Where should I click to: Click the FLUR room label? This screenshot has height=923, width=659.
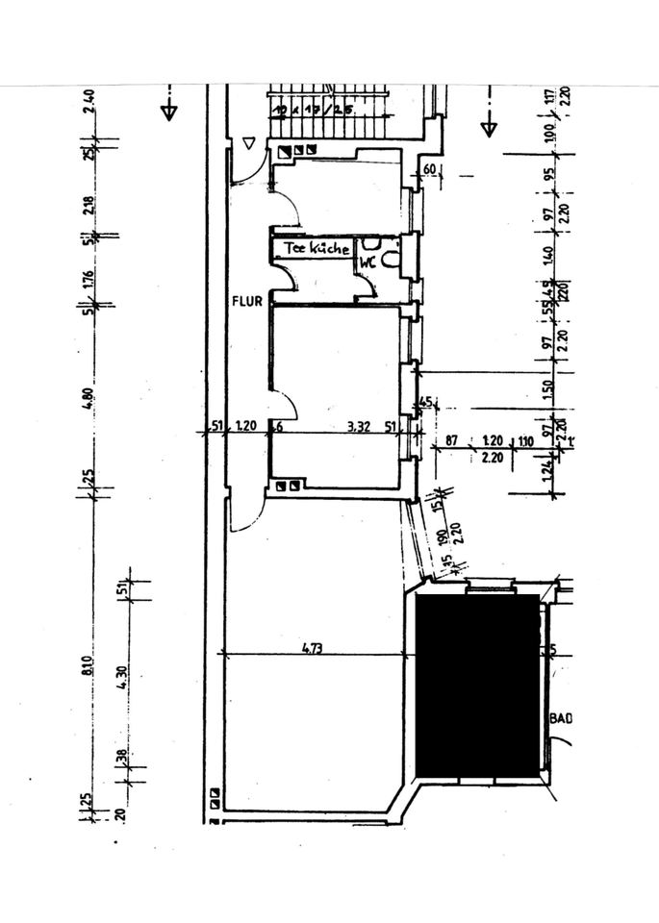tap(247, 301)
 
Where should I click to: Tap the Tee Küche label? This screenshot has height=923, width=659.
tap(317, 248)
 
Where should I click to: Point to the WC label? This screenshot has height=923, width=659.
tap(368, 260)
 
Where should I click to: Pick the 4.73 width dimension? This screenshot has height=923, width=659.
tap(311, 648)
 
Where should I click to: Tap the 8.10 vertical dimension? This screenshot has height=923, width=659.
tap(88, 664)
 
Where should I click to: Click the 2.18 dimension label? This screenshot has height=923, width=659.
tap(88, 205)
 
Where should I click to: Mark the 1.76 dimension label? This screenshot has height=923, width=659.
tap(88, 278)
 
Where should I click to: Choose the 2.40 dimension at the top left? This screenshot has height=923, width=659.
tap(88, 101)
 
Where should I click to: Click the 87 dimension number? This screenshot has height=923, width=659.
tap(452, 444)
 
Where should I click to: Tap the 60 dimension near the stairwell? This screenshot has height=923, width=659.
tap(430, 170)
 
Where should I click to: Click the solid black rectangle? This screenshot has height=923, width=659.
tap(477, 686)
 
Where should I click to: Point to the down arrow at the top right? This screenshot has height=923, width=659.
tap(489, 125)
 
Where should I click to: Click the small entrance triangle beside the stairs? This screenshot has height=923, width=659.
tap(249, 144)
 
